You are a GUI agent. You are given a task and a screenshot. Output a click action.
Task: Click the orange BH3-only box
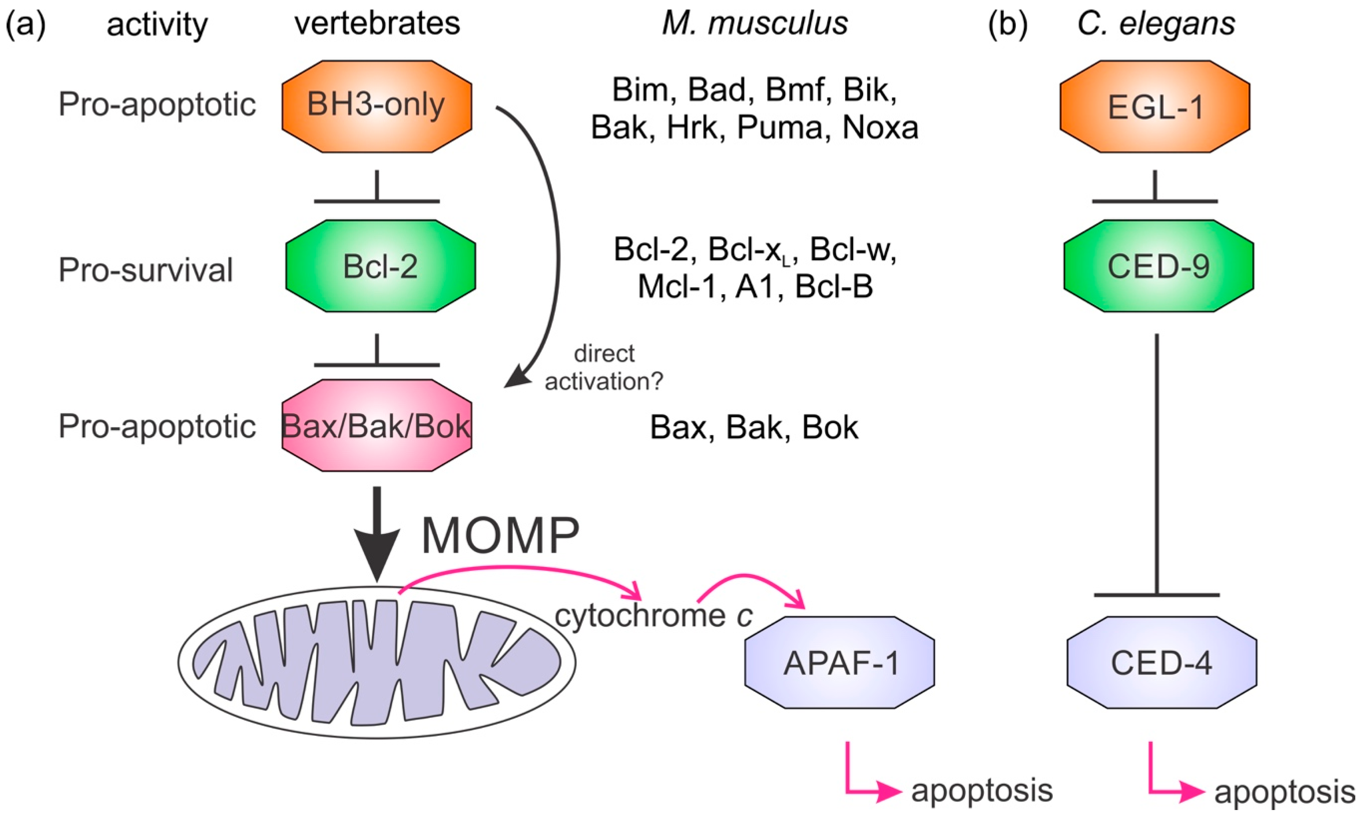pyautogui.click(x=377, y=106)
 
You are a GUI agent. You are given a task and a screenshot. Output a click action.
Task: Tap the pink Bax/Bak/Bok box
pyautogui.click(x=377, y=425)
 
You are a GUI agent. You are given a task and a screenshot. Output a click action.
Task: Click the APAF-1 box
pyautogui.click(x=839, y=662)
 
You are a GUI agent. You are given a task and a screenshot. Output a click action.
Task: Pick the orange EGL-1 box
pyautogui.click(x=1155, y=106)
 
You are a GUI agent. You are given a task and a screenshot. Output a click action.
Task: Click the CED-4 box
pyautogui.click(x=1161, y=662)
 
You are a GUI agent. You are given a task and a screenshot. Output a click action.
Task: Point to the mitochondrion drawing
pyautogui.click(x=377, y=662)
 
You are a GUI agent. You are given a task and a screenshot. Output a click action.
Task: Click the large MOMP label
pyautogui.click(x=501, y=535)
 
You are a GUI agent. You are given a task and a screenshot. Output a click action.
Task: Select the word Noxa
pyautogui.click(x=880, y=127)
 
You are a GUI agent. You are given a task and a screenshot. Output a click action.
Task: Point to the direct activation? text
pyautogui.click(x=603, y=367)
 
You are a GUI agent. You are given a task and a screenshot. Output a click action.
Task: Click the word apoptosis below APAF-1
pyautogui.click(x=982, y=790)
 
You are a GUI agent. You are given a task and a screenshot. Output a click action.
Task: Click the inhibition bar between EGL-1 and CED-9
pyautogui.click(x=1155, y=201)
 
